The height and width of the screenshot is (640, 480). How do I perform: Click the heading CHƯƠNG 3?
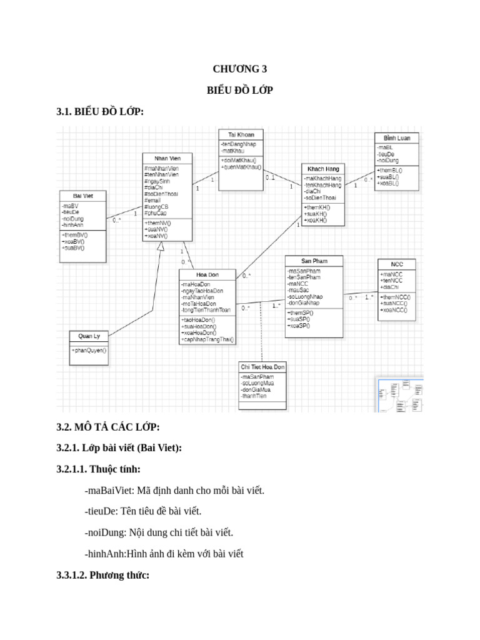coord(239,69)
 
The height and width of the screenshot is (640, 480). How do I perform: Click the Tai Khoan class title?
coord(241,134)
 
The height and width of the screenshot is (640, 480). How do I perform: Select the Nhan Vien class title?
coord(167,158)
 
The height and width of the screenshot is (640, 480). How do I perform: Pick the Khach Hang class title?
coord(323,169)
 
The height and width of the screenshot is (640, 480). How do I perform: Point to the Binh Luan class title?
coord(397,137)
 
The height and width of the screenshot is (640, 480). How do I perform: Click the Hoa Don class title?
coord(207,274)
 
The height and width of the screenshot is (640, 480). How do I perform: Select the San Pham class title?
coord(314,261)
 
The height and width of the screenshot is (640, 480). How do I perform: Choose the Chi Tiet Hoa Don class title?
coord(262,367)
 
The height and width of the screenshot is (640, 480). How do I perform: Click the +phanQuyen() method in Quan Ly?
coord(89,351)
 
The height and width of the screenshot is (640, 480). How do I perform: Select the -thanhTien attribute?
coord(256,396)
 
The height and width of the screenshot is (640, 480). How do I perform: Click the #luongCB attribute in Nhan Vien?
coord(157,206)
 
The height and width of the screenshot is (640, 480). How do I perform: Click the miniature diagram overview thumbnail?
coord(399,395)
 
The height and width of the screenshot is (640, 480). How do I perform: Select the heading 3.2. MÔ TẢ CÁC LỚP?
coord(108,427)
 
